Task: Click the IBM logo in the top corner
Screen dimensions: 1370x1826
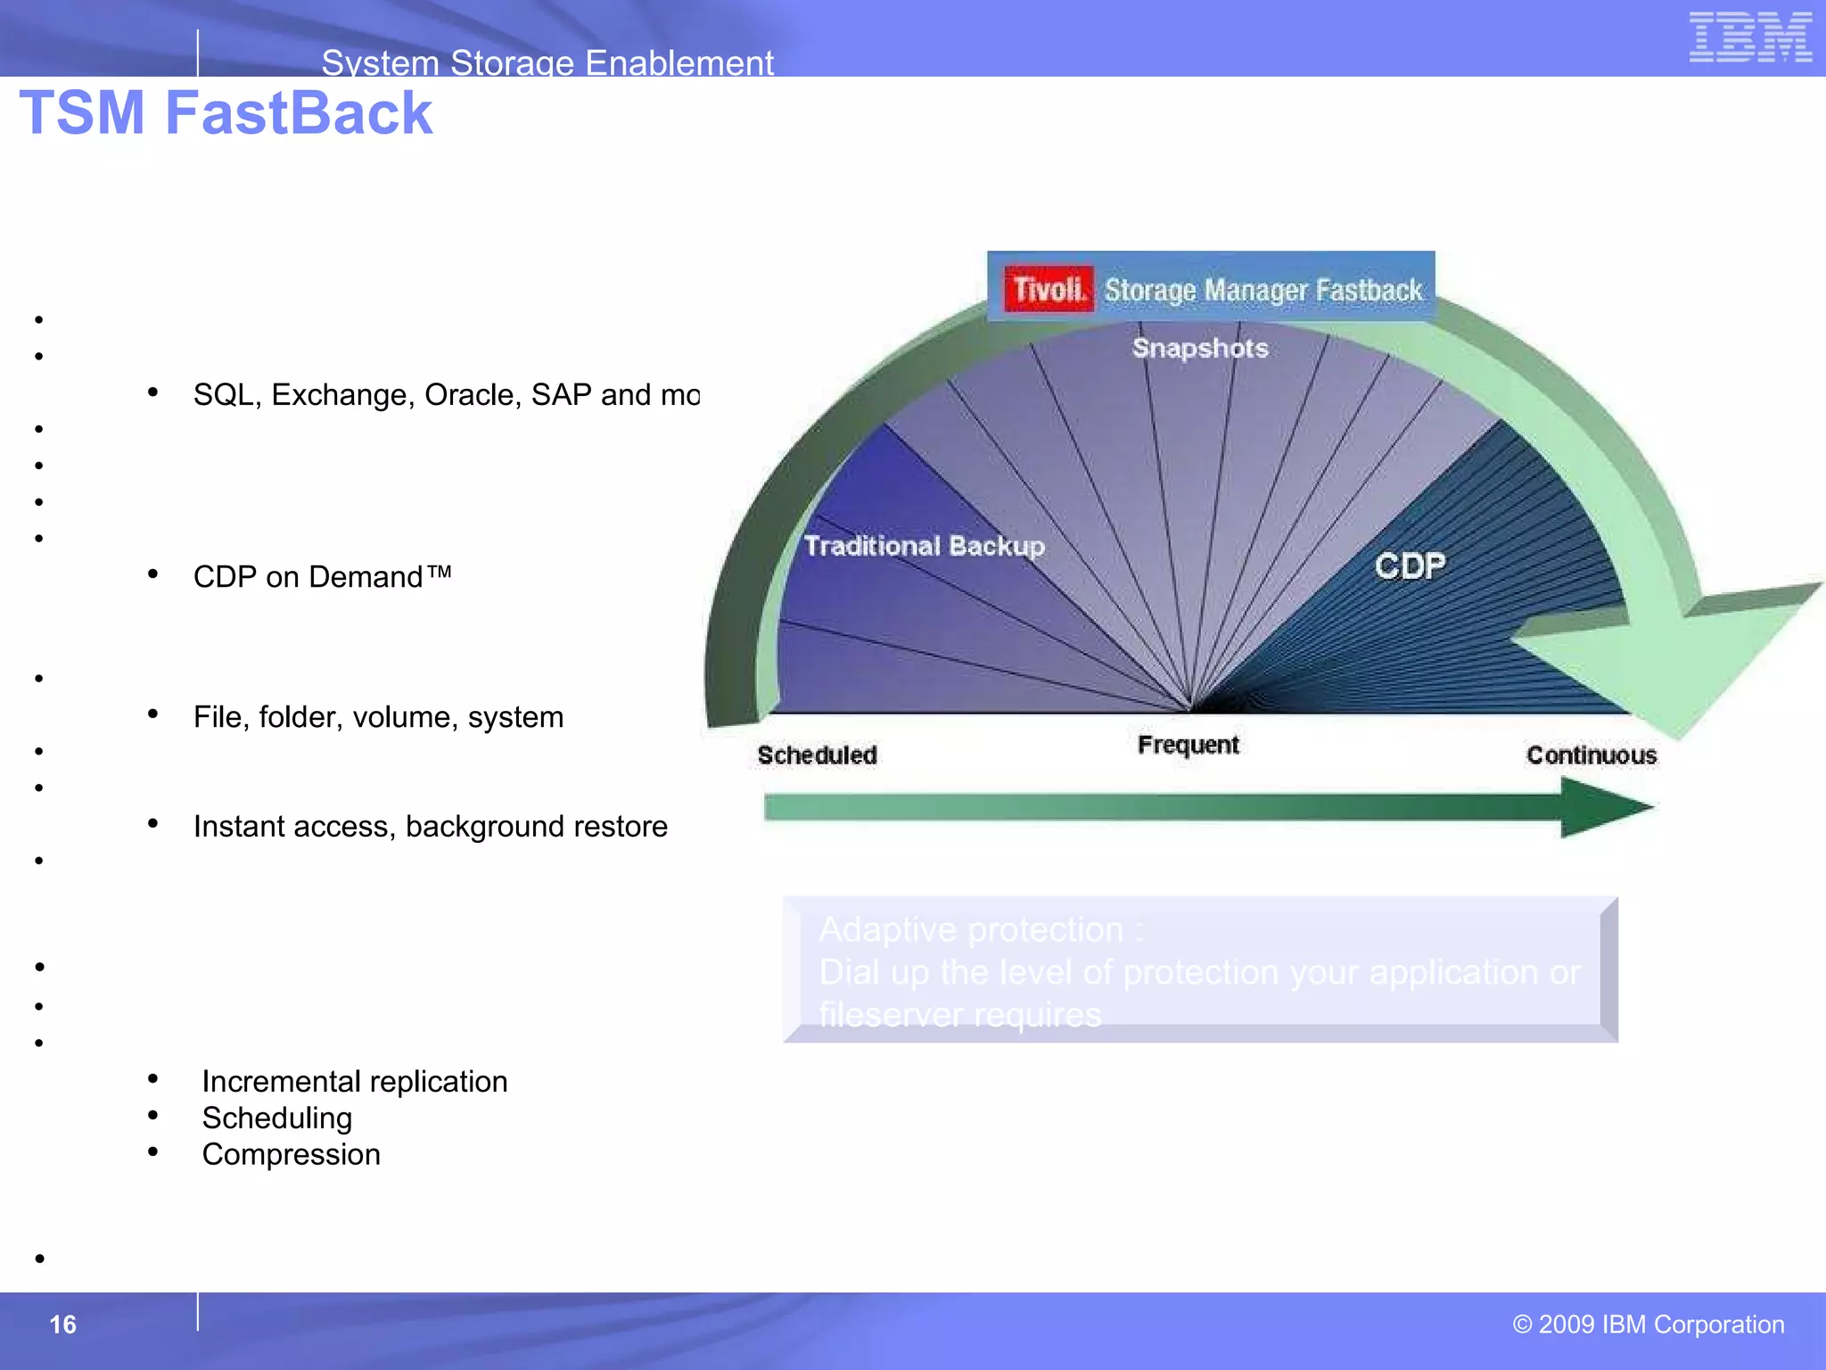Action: pyautogui.click(x=1749, y=37)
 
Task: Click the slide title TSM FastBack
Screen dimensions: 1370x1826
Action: pyautogui.click(x=226, y=113)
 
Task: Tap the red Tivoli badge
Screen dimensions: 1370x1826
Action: pyautogui.click(x=1048, y=289)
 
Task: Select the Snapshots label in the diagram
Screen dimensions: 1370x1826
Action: pyautogui.click(x=1199, y=348)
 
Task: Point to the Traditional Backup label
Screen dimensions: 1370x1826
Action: pyautogui.click(x=924, y=546)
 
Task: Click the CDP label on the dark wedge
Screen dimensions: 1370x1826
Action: pyautogui.click(x=1410, y=565)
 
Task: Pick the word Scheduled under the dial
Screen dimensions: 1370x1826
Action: pyautogui.click(x=817, y=755)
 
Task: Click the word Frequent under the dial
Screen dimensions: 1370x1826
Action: pyautogui.click(x=1188, y=745)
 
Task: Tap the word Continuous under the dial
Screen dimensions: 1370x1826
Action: pyautogui.click(x=1592, y=755)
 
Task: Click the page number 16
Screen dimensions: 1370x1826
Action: pyautogui.click(x=62, y=1325)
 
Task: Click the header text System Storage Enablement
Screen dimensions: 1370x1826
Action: pyautogui.click(x=547, y=62)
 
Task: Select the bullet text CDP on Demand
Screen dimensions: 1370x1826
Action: pyautogui.click(x=322, y=577)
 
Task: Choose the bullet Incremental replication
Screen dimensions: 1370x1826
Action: pyautogui.click(x=354, y=1081)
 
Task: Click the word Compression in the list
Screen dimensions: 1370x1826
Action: pyautogui.click(x=291, y=1154)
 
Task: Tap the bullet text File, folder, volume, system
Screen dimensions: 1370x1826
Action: pyautogui.click(x=378, y=717)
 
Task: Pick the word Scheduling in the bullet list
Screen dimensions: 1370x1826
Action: pyautogui.click(x=276, y=1118)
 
